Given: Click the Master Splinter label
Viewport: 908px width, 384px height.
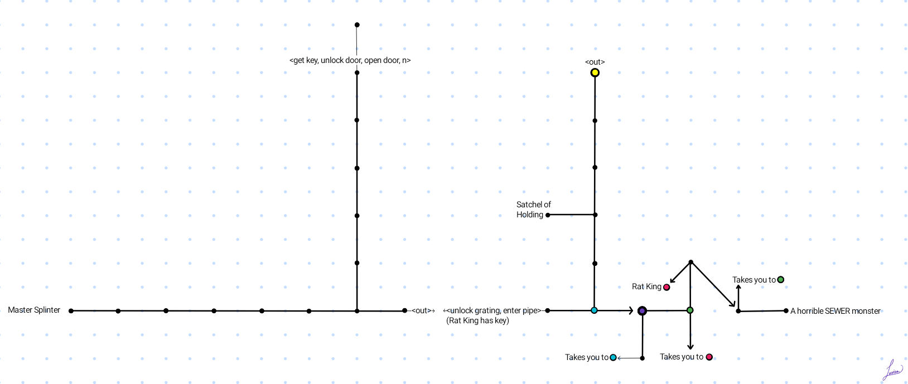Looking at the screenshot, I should coord(34,310).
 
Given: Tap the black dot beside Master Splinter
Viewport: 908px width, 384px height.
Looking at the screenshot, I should coord(71,310).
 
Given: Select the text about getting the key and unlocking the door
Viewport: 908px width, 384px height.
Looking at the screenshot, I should coord(350,60).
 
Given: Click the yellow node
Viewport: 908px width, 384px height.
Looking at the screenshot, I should coord(595,72).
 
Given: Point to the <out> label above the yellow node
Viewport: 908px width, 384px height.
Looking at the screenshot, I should coord(595,62).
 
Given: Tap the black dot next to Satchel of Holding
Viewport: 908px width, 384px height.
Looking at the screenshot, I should coord(548,215).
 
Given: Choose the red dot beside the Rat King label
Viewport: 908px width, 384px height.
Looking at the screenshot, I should coord(666,287).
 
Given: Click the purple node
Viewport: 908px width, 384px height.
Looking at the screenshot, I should coord(642,310).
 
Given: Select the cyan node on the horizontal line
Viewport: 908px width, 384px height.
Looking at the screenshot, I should coord(594,310).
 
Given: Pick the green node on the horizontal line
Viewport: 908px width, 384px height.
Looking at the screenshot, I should coord(690,310).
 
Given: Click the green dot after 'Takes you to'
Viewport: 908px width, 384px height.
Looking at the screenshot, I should coord(780,280).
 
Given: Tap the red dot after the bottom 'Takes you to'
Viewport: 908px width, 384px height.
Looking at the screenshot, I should coord(709,357).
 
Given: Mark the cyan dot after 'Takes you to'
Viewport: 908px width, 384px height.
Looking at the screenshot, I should coord(613,357).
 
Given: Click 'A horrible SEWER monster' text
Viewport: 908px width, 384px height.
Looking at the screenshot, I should coord(835,311).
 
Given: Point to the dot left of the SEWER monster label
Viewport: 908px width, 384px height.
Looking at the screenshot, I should coord(786,310).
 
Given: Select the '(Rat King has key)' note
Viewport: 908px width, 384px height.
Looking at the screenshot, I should coord(477,320).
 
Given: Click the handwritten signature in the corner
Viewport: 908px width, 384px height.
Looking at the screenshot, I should coord(892,371).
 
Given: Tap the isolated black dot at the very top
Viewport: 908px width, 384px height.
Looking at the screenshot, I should coord(357,25).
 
